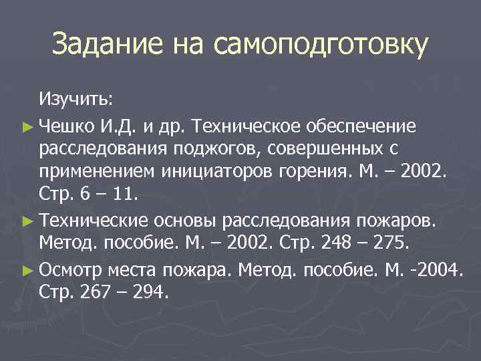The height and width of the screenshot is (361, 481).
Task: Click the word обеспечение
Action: [x=361, y=126]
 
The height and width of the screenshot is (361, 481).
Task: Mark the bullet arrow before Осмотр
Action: [x=30, y=269]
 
